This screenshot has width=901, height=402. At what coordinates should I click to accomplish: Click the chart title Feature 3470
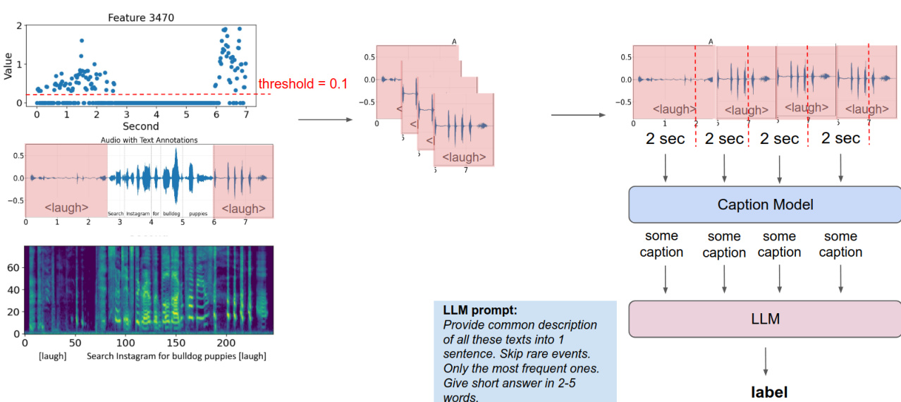[140, 17]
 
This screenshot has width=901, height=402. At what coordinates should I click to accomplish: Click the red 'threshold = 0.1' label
[303, 84]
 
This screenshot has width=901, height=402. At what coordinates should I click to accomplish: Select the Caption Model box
[765, 205]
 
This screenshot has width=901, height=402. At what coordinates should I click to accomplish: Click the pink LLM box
[765, 319]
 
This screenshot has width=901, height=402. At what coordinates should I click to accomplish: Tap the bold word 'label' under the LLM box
[768, 392]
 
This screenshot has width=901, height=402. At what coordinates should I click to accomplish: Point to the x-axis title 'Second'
[141, 126]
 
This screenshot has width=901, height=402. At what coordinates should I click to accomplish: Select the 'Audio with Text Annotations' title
[149, 140]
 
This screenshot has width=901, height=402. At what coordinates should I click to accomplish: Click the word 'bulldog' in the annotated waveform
[172, 213]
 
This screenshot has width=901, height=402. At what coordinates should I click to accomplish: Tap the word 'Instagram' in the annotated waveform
[141, 213]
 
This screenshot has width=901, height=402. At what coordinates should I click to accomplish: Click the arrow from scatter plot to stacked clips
[325, 120]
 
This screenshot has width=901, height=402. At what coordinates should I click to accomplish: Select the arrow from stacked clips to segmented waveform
[578, 115]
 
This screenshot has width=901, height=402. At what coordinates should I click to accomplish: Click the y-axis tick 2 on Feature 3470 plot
[18, 25]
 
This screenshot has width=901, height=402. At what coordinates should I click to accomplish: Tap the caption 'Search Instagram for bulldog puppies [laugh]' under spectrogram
[176, 356]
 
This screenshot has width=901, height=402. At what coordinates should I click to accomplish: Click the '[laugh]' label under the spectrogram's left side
[52, 356]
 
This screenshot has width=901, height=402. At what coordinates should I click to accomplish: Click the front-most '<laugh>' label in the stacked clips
[465, 156]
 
